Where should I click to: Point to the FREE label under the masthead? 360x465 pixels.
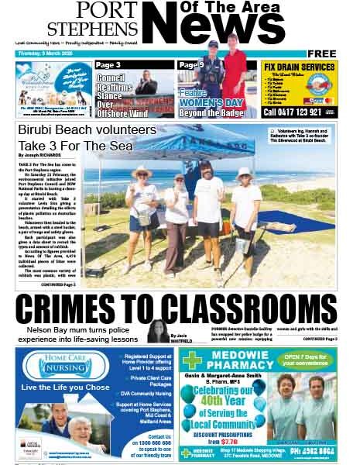[x=326, y=53]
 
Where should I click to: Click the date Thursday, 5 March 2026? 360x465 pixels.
[x=49, y=53]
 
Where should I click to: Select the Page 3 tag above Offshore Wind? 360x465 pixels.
[x=108, y=66]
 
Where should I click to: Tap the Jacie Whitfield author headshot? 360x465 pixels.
[x=158, y=329]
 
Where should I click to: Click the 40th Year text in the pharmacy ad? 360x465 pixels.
[x=229, y=400]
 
